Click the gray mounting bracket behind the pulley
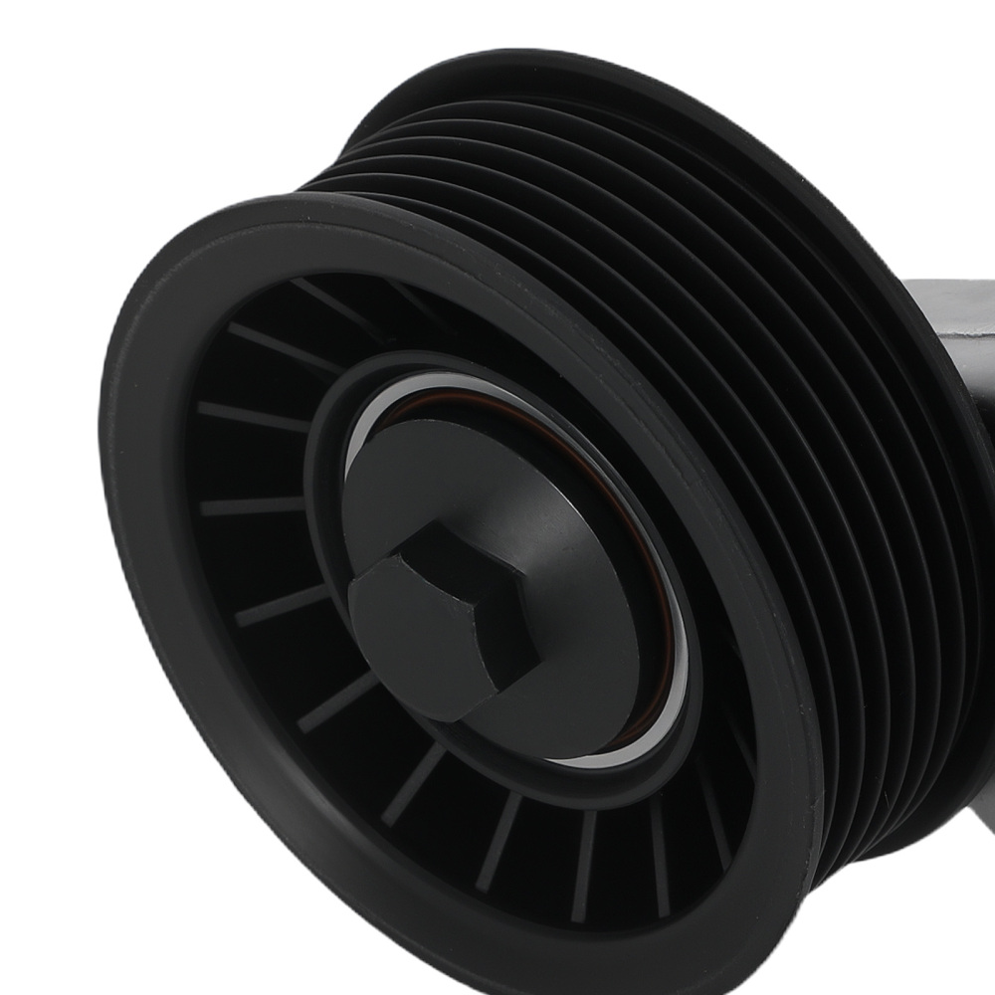pyautogui.click(x=945, y=328)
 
